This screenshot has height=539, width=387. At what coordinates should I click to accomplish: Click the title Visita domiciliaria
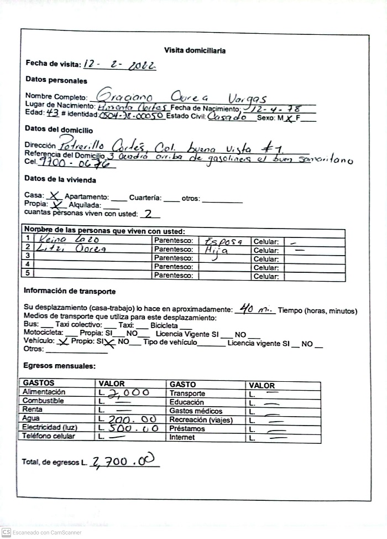click(x=195, y=50)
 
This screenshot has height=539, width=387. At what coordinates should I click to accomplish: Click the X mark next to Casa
click(x=54, y=195)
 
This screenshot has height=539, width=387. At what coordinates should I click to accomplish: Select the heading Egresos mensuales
click(x=60, y=366)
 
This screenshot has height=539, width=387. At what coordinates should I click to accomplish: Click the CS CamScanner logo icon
click(x=7, y=532)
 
